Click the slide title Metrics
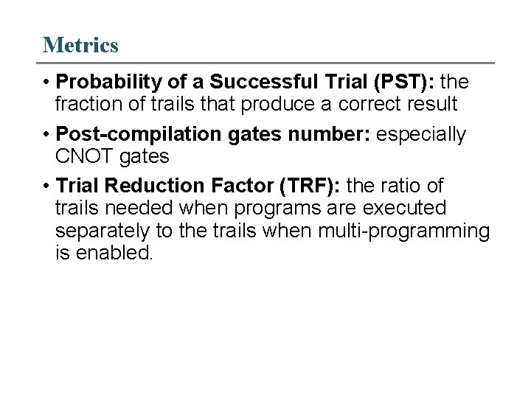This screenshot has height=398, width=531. pos(80,45)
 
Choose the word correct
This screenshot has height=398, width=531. pos(357,102)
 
